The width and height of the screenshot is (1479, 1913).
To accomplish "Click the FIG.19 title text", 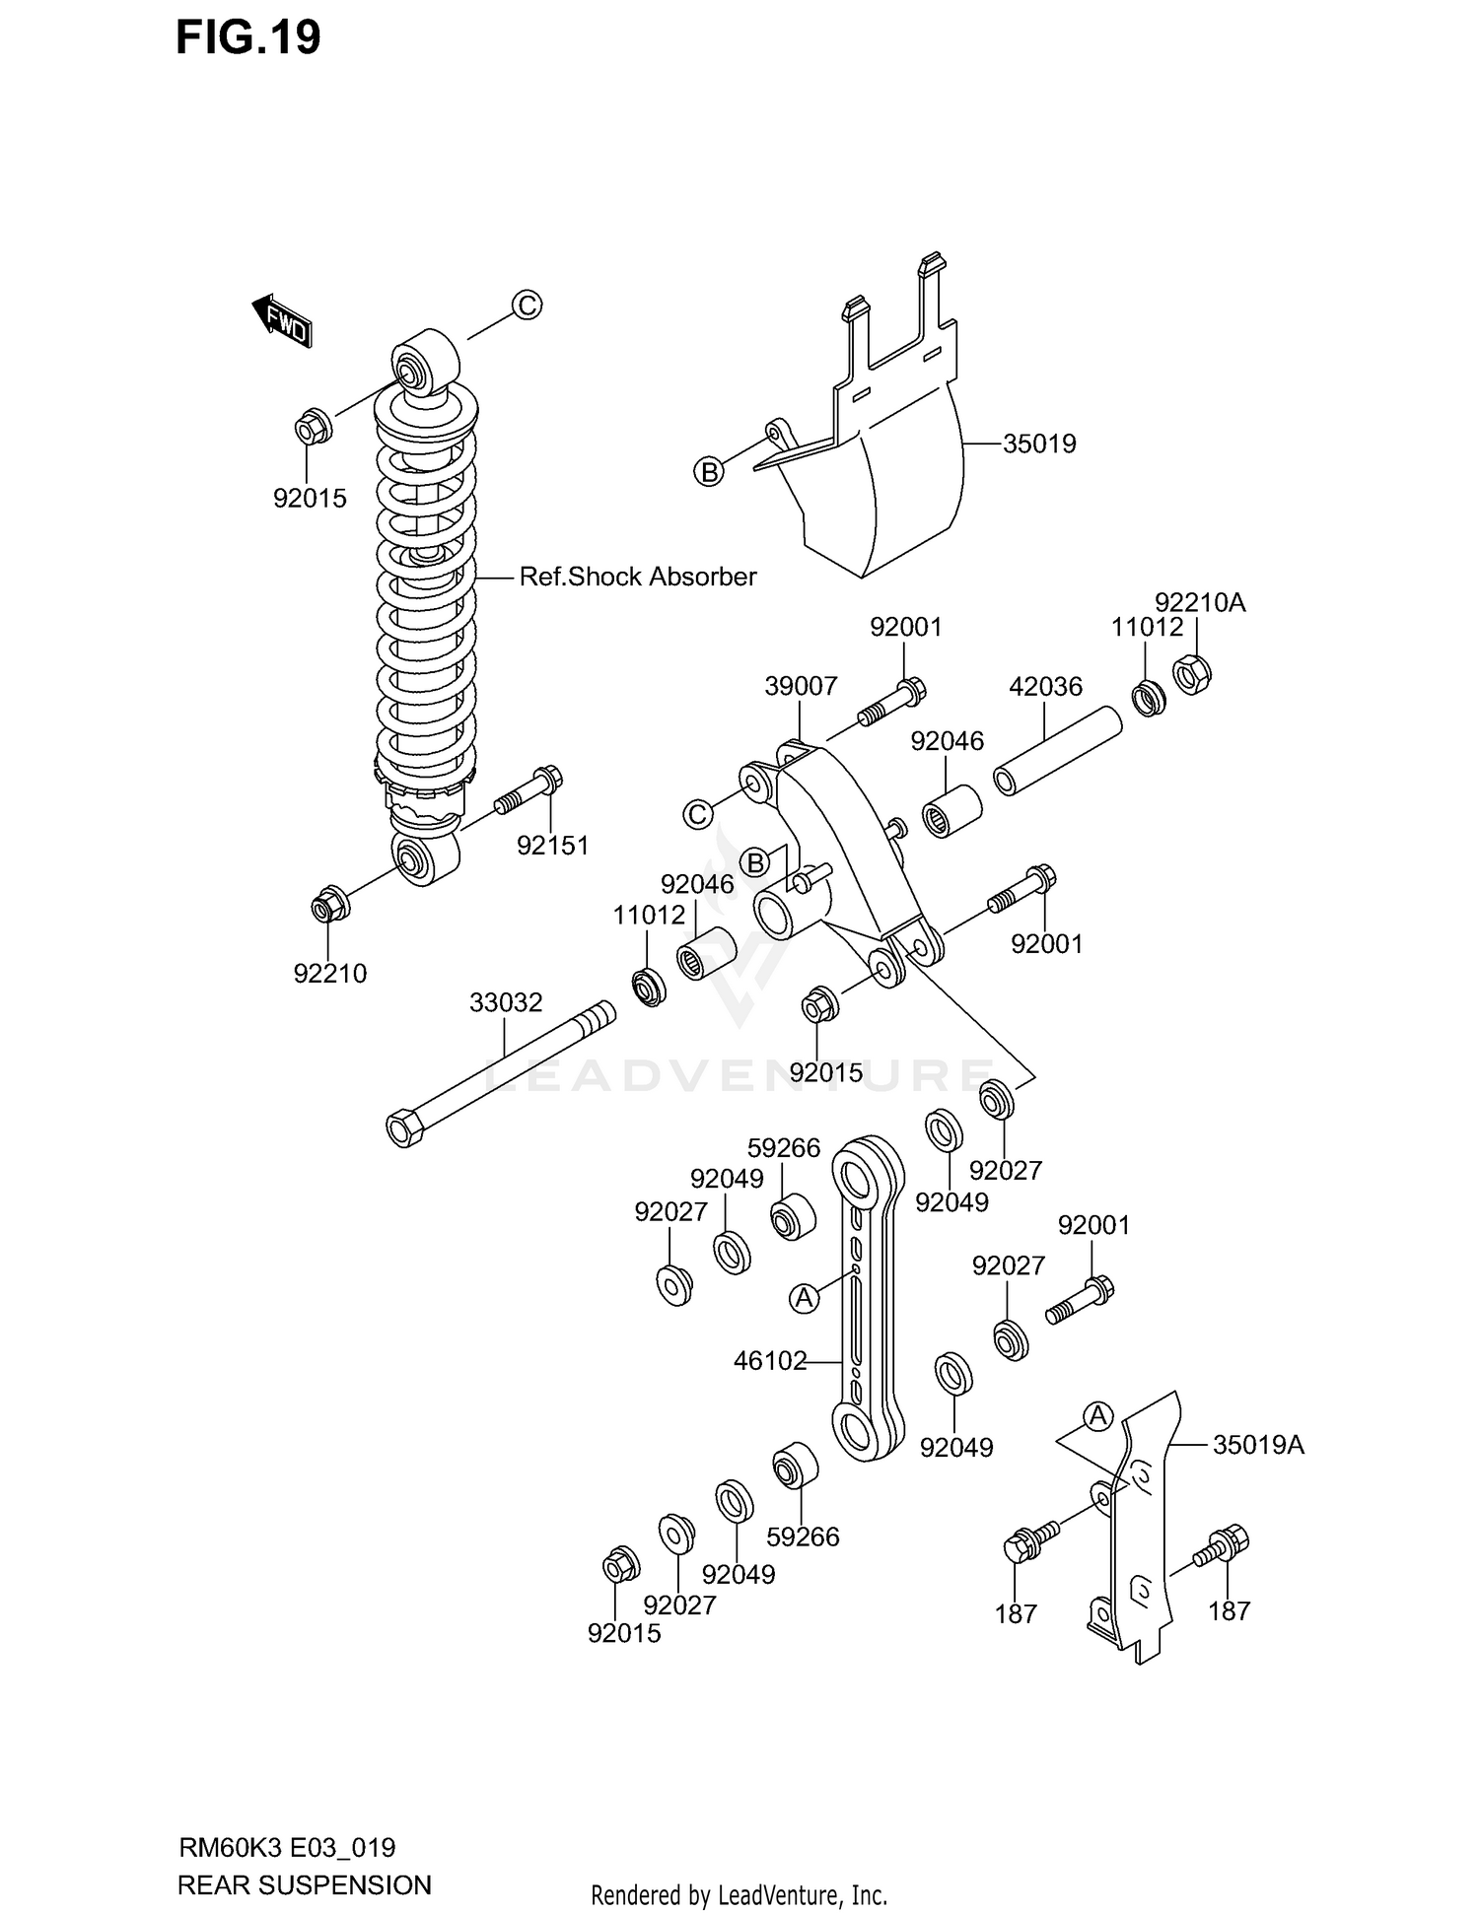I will click(248, 39).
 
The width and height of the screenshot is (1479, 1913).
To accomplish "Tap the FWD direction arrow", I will click(283, 320).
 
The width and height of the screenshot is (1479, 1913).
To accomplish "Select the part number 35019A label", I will click(1258, 1445).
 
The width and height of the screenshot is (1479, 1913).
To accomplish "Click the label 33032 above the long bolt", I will click(506, 1003).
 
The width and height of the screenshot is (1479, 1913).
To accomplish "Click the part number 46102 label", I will click(770, 1362).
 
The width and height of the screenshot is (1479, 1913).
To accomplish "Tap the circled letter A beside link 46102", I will click(805, 1299).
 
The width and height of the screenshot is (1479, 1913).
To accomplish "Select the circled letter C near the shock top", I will click(528, 306).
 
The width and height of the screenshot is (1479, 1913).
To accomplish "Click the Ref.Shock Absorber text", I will click(638, 577).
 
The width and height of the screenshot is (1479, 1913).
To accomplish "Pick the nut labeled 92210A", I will click(1191, 674).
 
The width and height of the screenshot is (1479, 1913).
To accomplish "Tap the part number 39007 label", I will click(801, 686).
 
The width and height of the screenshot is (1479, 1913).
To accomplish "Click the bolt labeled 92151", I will click(533, 792).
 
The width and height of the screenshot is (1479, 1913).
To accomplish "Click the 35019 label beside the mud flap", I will click(1039, 444).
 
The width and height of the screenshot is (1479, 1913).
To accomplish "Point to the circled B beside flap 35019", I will click(708, 472).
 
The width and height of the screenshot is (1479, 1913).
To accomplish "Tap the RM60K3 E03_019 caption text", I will click(287, 1847).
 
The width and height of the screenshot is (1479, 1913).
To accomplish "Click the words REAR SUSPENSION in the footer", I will click(304, 1884).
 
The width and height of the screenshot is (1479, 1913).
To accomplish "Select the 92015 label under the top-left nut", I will click(310, 499).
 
